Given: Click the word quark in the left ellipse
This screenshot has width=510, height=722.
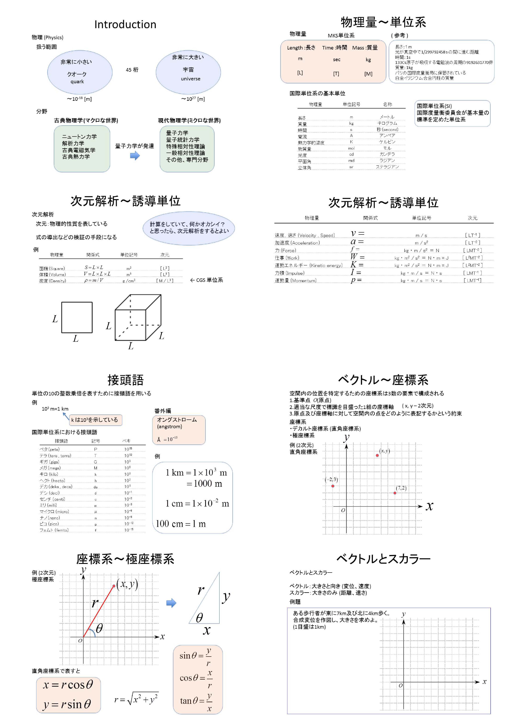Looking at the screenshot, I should (77, 81).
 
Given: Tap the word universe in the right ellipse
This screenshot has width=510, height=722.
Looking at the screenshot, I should (190, 79).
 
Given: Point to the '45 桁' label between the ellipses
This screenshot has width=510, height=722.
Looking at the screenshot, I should (132, 70).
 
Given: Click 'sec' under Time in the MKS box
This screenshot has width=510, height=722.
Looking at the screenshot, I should (337, 59).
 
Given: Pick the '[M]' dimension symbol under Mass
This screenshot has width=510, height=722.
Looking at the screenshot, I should (368, 74).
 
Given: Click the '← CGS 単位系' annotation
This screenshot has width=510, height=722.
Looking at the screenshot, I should (206, 280).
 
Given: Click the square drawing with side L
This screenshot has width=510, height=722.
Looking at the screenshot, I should (77, 317).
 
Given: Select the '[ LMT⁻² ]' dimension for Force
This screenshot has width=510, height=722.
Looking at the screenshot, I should (472, 250).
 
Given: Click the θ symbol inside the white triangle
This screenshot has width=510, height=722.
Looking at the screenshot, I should (199, 618).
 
